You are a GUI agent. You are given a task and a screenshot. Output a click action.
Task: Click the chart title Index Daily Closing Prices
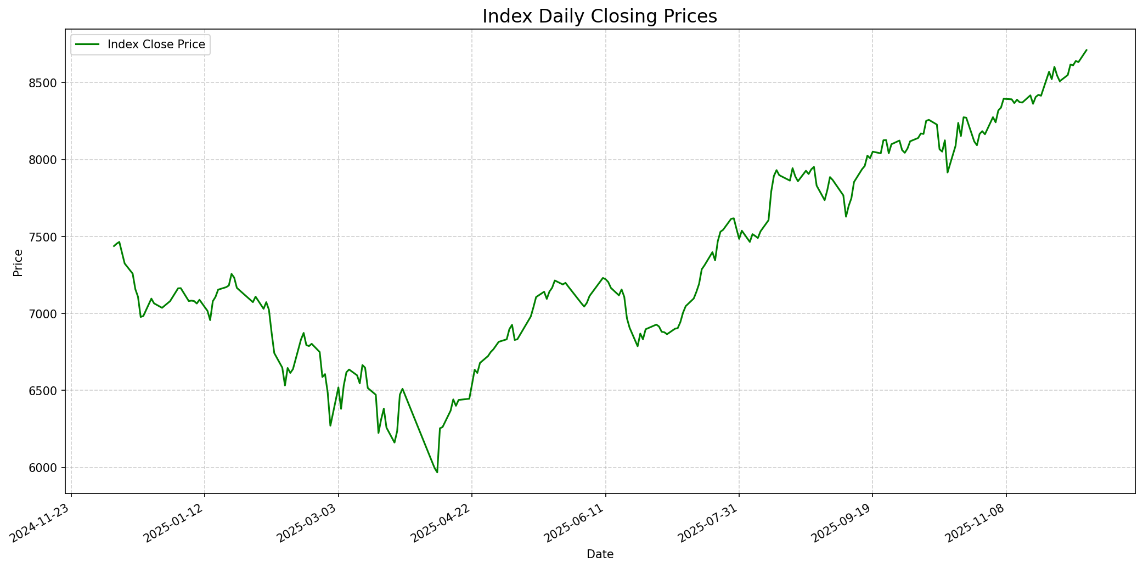599,16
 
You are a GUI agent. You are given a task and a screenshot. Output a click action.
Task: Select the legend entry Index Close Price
156,44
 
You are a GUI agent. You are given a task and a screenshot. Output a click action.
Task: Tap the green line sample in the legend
87,44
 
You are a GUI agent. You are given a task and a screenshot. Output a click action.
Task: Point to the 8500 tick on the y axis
46,83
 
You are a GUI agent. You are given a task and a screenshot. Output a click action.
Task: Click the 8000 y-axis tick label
46,160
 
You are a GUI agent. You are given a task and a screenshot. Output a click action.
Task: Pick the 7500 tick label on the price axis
46,237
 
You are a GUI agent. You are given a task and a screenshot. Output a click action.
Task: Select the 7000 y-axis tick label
46,314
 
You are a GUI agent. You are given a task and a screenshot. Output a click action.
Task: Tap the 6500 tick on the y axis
46,391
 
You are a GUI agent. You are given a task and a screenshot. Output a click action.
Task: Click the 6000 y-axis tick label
46,468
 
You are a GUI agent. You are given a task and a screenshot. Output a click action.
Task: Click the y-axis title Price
18,262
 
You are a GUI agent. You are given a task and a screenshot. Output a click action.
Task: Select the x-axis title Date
600,554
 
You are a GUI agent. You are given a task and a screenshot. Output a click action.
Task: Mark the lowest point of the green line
437,472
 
